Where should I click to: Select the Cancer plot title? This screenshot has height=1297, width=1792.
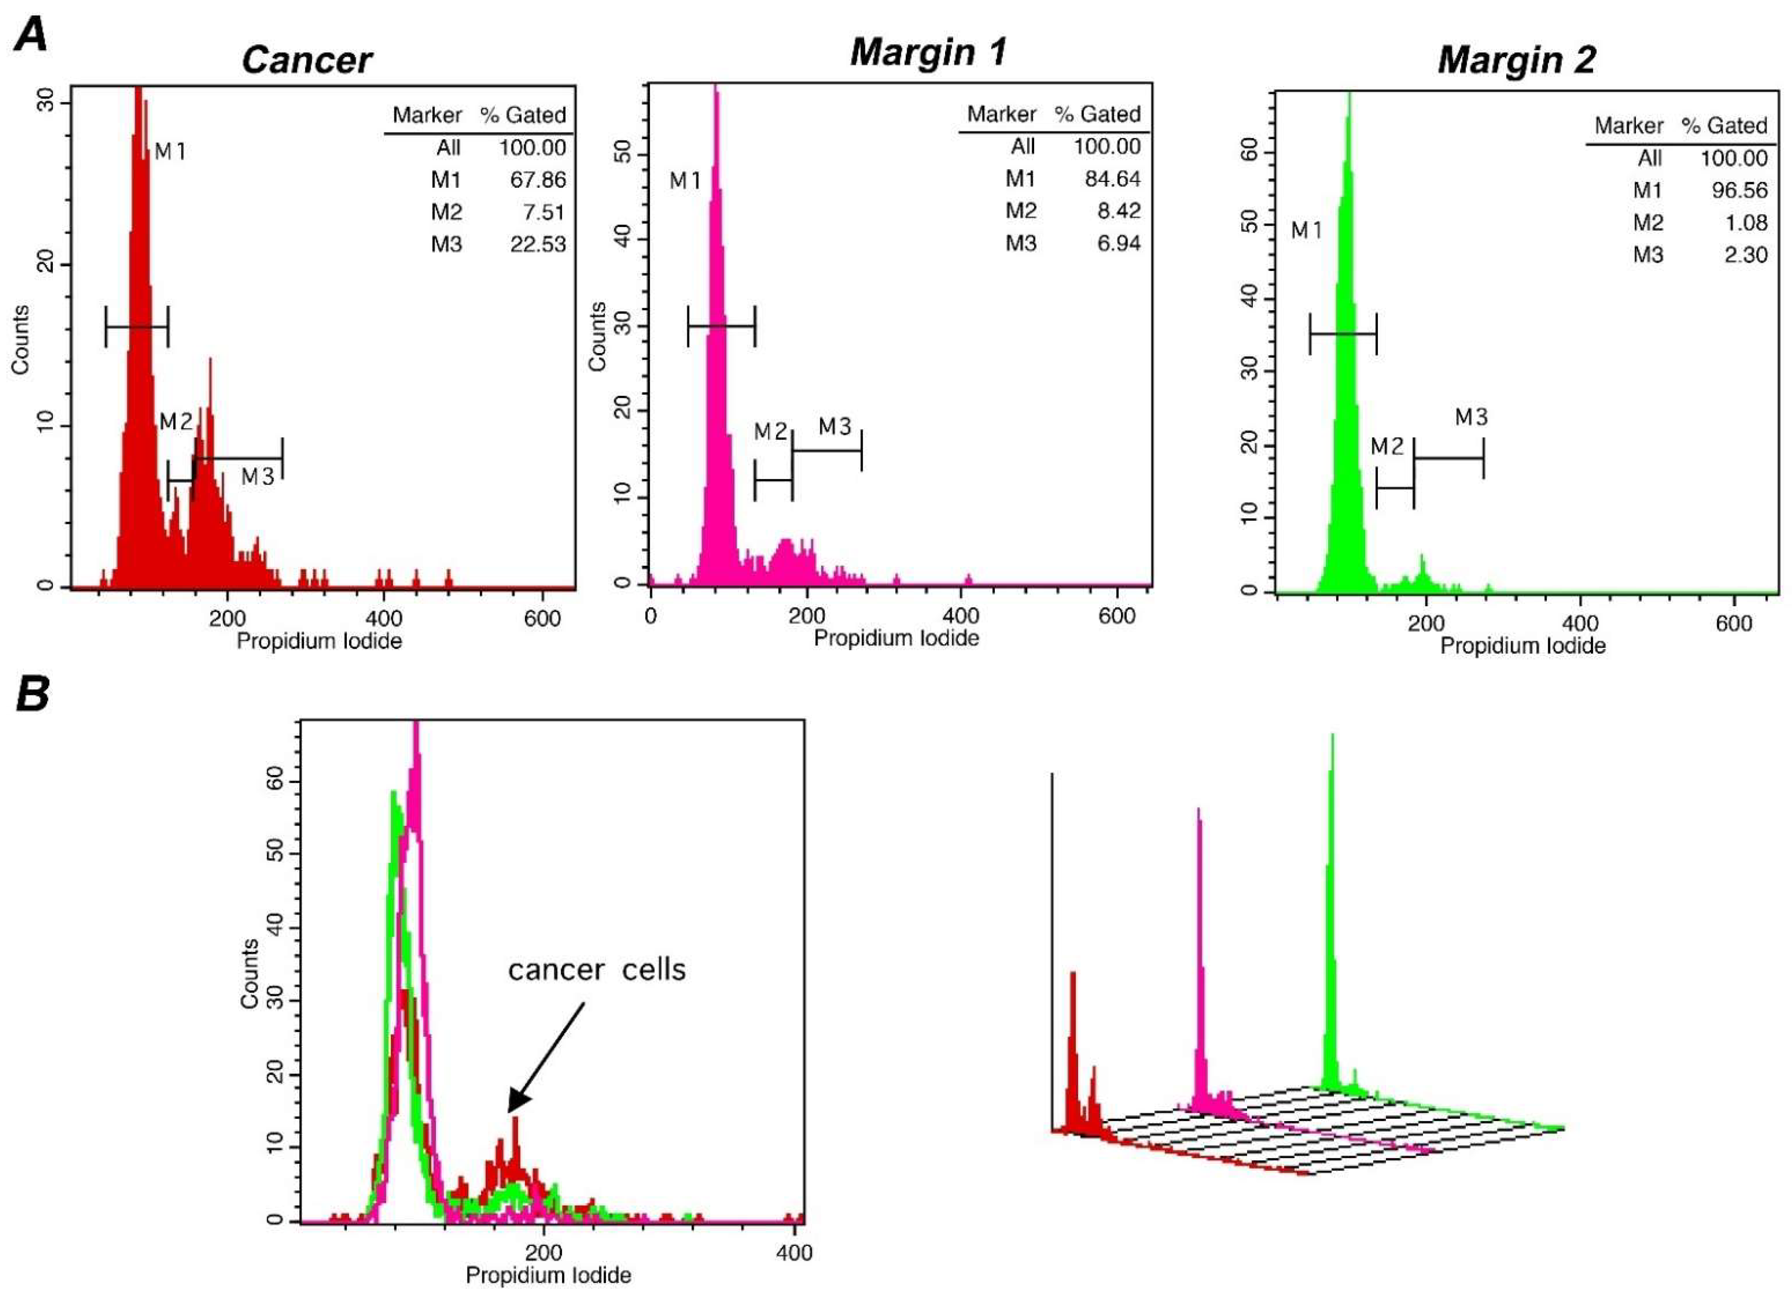(x=307, y=60)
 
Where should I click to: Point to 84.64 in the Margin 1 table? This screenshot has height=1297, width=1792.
(x=1112, y=180)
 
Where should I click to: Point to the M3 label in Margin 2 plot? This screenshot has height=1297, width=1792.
(x=1471, y=417)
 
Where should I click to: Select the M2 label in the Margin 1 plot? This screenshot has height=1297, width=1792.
(x=771, y=432)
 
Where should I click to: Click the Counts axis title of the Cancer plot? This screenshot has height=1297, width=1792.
(x=20, y=339)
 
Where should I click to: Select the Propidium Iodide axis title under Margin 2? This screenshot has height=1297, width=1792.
(x=1522, y=646)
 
